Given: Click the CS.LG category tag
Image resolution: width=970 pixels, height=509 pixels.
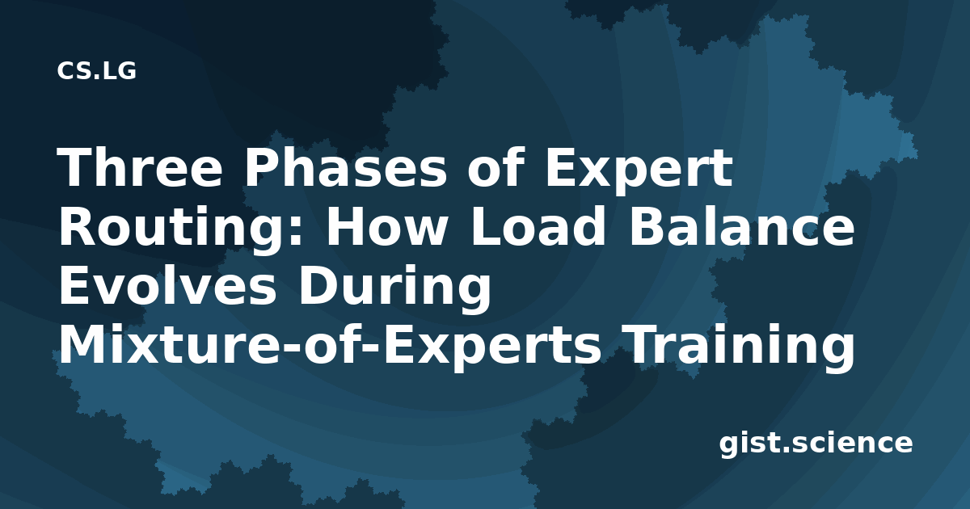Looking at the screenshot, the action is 96,70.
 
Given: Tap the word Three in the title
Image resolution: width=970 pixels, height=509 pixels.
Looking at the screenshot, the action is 140,167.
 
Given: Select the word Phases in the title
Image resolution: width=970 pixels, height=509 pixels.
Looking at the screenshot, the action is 345,167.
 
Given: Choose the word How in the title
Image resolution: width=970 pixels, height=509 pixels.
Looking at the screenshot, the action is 386,225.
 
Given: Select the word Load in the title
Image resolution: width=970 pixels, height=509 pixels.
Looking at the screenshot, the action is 537,225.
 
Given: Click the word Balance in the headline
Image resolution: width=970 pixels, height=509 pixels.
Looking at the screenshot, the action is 742,225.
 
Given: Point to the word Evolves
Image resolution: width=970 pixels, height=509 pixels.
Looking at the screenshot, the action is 167,284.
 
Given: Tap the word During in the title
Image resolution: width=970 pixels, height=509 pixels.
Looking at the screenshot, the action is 394,288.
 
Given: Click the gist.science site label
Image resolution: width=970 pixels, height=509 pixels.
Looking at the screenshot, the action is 816,444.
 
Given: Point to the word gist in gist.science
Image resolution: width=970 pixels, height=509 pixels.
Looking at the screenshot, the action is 749,444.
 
